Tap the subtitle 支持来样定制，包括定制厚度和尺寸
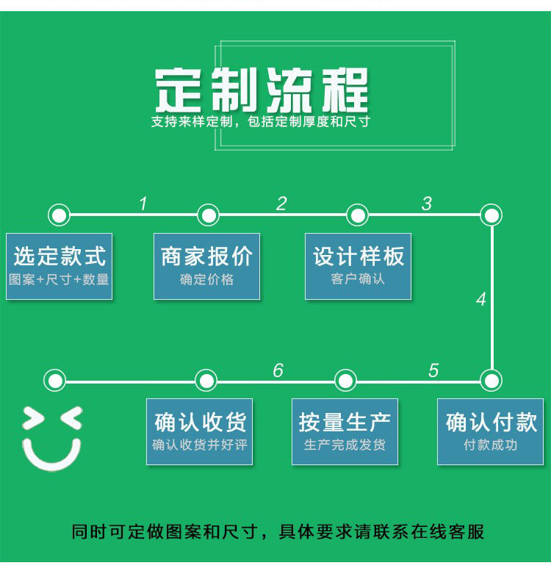coord(261,122)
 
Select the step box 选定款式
coord(60,266)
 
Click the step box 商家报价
coord(206,266)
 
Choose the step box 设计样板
coord(359,266)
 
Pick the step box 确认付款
coord(491,431)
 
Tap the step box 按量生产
coord(345,431)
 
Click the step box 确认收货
coord(200,431)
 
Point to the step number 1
coord(143,204)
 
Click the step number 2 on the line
coord(281,204)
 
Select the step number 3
coord(427,204)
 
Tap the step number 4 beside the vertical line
coord(481,300)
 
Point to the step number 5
coord(433,370)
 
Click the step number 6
coord(278,370)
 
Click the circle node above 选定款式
coord(59,215)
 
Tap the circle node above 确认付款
coord(491,381)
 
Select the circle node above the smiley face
coord(54,381)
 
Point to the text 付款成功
coord(491,445)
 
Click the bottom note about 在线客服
coord(278,531)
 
